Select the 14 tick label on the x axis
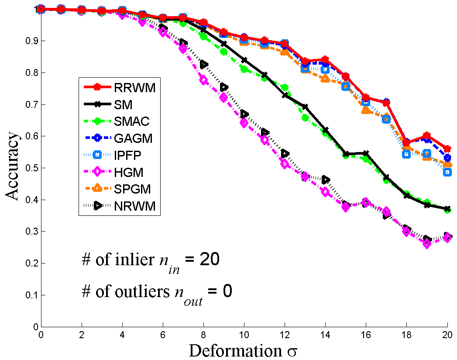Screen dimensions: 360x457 [325, 334]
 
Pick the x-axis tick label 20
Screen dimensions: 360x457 [447, 334]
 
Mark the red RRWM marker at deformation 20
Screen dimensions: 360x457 [447, 149]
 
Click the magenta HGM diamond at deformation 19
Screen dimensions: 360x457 [427, 244]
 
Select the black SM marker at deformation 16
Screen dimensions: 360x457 [366, 153]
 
